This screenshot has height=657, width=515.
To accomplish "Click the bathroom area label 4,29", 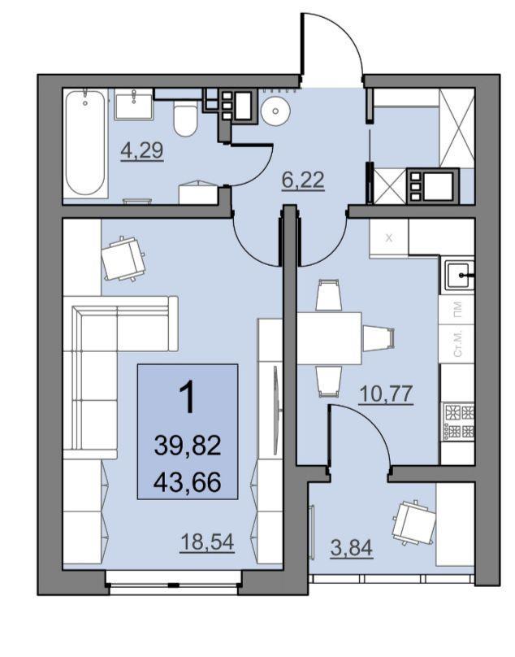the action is [x=142, y=150].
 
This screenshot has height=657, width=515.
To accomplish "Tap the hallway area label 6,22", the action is [x=303, y=181].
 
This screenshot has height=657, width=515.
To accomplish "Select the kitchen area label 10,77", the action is [x=386, y=394].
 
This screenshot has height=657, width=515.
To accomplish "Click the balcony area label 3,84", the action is [x=351, y=548].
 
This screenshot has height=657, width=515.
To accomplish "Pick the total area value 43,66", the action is [x=187, y=482].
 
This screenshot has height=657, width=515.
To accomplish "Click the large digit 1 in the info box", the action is [x=187, y=398].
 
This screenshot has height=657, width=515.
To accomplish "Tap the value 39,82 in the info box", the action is [x=187, y=446].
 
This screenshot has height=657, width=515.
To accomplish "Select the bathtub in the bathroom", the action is [x=86, y=143].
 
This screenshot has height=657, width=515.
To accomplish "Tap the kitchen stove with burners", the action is [x=458, y=421].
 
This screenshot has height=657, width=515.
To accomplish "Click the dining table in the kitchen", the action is [x=330, y=338].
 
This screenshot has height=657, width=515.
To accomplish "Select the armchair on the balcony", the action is [x=414, y=523].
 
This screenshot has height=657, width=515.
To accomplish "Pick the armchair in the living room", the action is [x=123, y=259].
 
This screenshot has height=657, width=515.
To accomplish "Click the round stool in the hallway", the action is [x=275, y=111].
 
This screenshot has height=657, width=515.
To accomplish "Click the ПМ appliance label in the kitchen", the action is [x=458, y=310].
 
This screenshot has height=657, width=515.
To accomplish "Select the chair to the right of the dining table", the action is [x=379, y=338].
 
